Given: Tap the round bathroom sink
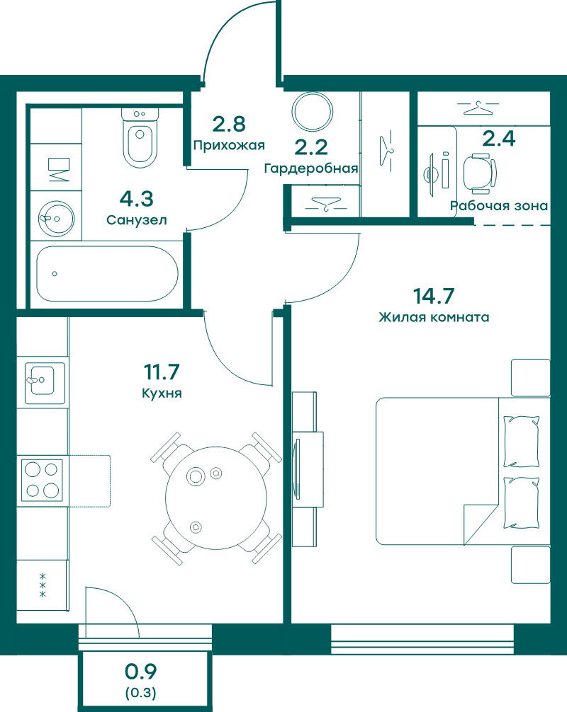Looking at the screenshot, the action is pos(56,219).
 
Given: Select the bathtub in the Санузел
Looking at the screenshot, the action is pos(107,273).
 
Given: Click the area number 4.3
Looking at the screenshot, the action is pos(136,198).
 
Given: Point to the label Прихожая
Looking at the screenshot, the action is pos(229,145).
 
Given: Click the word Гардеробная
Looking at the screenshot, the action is pos(311,168).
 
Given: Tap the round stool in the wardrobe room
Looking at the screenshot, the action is pos(313,111).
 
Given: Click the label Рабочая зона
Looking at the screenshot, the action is pos(499,206).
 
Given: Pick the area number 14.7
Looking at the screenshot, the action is pos(433,296).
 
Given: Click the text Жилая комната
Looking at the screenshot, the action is pos(434,317).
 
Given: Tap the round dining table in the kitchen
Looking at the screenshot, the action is pos(216,498).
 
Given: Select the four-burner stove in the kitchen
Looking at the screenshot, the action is pos(43,481).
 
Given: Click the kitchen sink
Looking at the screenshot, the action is pos(45,383).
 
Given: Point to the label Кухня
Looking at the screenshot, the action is pos(162,393).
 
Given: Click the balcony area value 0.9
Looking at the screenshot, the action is pos(141,672).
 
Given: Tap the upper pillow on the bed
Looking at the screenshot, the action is pos(521,442).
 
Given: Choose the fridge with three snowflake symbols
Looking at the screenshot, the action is pos(43,585).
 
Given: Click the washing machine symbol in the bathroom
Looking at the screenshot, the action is pos(58,170).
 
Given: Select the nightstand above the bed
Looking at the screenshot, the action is pos(530,378).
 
